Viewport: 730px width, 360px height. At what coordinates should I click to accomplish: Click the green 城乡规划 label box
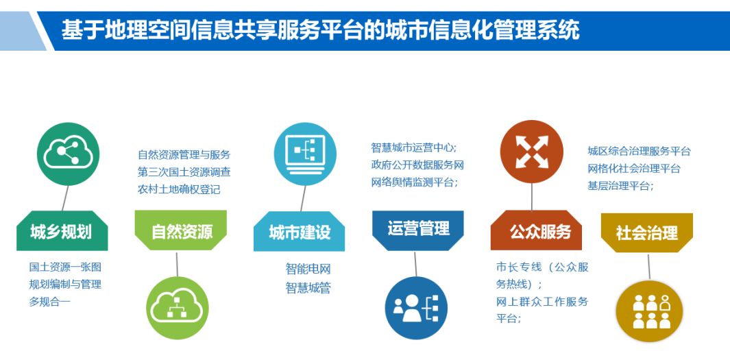click(x=62, y=231)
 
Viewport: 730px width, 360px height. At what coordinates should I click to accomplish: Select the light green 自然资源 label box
click(x=181, y=230)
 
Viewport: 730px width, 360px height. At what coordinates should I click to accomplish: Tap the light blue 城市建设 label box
click(x=299, y=232)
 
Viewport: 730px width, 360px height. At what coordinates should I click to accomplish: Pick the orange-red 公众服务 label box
click(x=536, y=230)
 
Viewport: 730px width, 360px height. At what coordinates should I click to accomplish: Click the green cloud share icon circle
click(x=68, y=154)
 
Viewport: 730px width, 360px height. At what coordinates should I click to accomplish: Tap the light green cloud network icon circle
click(x=178, y=307)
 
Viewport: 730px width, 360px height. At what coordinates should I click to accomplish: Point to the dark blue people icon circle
click(x=416, y=308)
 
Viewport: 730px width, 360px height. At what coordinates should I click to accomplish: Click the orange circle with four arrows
click(x=532, y=152)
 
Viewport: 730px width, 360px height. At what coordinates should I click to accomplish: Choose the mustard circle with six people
click(x=649, y=311)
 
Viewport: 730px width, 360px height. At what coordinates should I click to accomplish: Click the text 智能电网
click(x=308, y=269)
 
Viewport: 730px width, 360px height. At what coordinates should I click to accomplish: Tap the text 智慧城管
click(x=308, y=288)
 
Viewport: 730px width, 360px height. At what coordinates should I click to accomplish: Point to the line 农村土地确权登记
click(x=179, y=189)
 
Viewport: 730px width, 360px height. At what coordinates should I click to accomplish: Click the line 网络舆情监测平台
click(x=415, y=182)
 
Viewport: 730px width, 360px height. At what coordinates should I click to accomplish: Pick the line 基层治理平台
click(x=620, y=186)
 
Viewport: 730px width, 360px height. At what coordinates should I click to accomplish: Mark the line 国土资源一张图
click(x=65, y=267)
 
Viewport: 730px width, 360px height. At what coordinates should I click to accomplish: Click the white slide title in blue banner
click(x=320, y=29)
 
